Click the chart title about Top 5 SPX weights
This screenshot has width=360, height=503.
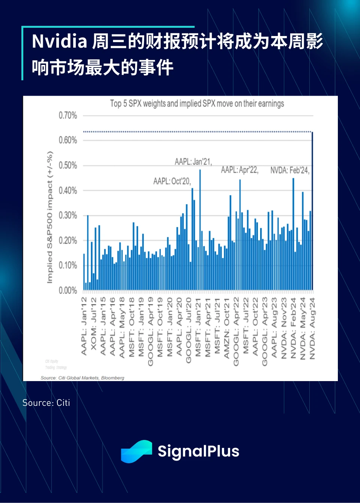197,104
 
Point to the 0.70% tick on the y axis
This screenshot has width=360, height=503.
68,115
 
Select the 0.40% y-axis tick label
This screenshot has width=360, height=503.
68,190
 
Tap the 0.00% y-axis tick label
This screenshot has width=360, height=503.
68,290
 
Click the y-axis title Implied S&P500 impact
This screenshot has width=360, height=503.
50,218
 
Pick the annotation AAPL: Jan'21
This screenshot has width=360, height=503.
193,162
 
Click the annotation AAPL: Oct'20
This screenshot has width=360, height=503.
172,181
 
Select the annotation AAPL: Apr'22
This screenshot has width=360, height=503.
239,170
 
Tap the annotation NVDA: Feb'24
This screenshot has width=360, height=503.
289,170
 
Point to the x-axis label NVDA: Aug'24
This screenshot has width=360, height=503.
312,329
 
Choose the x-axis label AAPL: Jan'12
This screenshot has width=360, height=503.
84,326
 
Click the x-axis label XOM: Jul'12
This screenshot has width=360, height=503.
93,323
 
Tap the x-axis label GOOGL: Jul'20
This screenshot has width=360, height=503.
189,330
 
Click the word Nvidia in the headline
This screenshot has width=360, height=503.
59,41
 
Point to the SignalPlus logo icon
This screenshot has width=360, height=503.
136,451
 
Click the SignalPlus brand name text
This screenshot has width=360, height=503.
198,451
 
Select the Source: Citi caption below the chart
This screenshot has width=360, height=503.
46,403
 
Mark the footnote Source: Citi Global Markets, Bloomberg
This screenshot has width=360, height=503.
82,378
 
